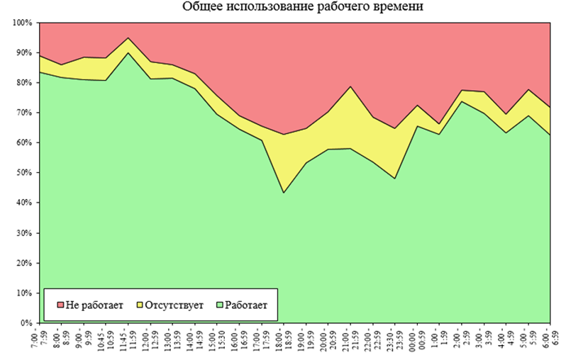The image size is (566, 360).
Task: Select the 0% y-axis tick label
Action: tap(26, 323)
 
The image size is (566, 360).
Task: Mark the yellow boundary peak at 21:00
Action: tap(350, 86)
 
